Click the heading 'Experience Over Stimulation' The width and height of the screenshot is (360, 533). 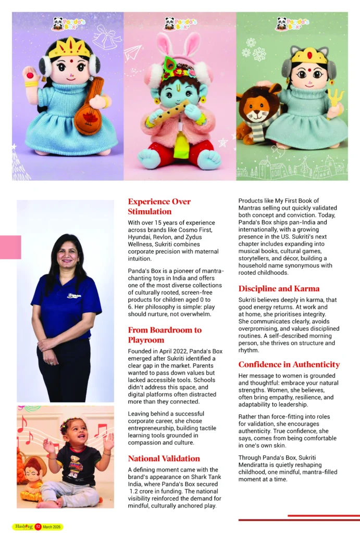click(x=159, y=206)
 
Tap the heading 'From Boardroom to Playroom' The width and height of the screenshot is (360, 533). click(x=165, y=335)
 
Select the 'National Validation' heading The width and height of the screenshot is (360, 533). click(x=164, y=459)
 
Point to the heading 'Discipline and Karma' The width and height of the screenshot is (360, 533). click(x=279, y=288)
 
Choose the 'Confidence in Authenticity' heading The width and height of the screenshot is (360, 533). click(x=289, y=364)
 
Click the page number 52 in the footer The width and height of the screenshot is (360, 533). click(x=38, y=527)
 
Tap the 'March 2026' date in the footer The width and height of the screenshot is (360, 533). click(x=53, y=527)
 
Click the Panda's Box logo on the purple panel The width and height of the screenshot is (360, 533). click(x=66, y=23)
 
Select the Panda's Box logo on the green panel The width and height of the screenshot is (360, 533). click(x=292, y=23)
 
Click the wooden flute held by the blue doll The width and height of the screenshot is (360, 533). click(x=170, y=113)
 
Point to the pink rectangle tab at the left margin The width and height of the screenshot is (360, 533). click(x=10, y=247)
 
